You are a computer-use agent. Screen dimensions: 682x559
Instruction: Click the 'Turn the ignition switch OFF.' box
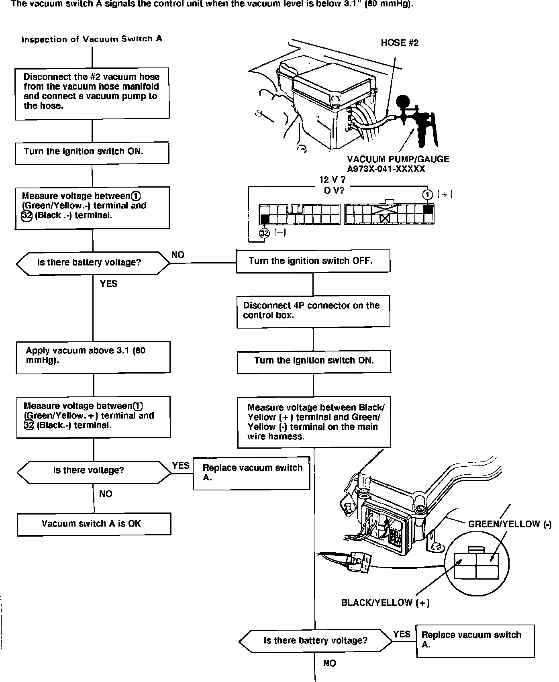313,261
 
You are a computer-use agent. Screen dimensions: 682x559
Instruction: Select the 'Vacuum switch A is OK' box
94,524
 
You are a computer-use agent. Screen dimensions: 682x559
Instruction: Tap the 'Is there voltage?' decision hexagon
94,470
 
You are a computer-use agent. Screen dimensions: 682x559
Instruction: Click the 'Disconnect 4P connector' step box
313,311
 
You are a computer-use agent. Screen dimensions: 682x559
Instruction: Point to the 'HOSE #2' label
400,43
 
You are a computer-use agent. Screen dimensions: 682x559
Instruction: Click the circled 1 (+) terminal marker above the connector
428,195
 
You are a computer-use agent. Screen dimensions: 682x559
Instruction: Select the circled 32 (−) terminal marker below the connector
264,233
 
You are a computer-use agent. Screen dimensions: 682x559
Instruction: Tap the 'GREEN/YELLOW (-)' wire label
510,524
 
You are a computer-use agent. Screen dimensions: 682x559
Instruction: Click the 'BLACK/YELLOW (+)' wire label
385,603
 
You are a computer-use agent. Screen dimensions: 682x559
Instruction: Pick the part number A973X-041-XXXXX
386,169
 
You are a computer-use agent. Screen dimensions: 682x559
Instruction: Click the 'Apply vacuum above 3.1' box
93,357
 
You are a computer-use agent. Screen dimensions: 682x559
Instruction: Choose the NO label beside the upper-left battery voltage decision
178,255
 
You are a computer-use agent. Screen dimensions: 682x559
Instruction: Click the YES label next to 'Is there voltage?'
181,466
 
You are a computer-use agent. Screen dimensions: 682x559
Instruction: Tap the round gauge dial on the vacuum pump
403,100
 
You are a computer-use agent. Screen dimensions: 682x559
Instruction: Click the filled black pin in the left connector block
265,219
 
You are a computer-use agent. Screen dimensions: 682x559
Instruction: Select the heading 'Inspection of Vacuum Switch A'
92,39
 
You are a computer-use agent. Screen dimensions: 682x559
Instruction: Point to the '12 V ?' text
332,180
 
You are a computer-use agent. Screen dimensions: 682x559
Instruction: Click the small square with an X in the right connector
384,218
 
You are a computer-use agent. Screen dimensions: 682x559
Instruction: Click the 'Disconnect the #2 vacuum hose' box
92,93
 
